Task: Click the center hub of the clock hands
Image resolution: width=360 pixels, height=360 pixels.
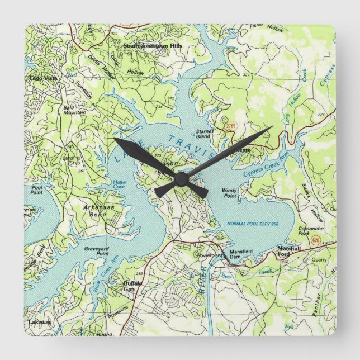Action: coord(181,179)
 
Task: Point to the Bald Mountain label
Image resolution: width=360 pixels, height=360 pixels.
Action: coord(74,110)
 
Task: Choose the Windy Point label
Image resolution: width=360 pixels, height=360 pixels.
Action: coord(229,193)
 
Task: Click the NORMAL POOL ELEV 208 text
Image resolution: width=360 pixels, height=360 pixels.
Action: coord(253,224)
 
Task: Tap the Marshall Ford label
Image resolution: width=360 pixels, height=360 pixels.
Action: coord(289,251)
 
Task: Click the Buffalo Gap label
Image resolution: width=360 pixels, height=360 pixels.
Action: coord(132,286)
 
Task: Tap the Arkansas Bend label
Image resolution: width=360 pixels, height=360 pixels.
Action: coord(98,210)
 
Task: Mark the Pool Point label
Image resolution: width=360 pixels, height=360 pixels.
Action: coord(37,190)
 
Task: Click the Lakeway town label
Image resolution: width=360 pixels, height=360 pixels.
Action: coord(40,323)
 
